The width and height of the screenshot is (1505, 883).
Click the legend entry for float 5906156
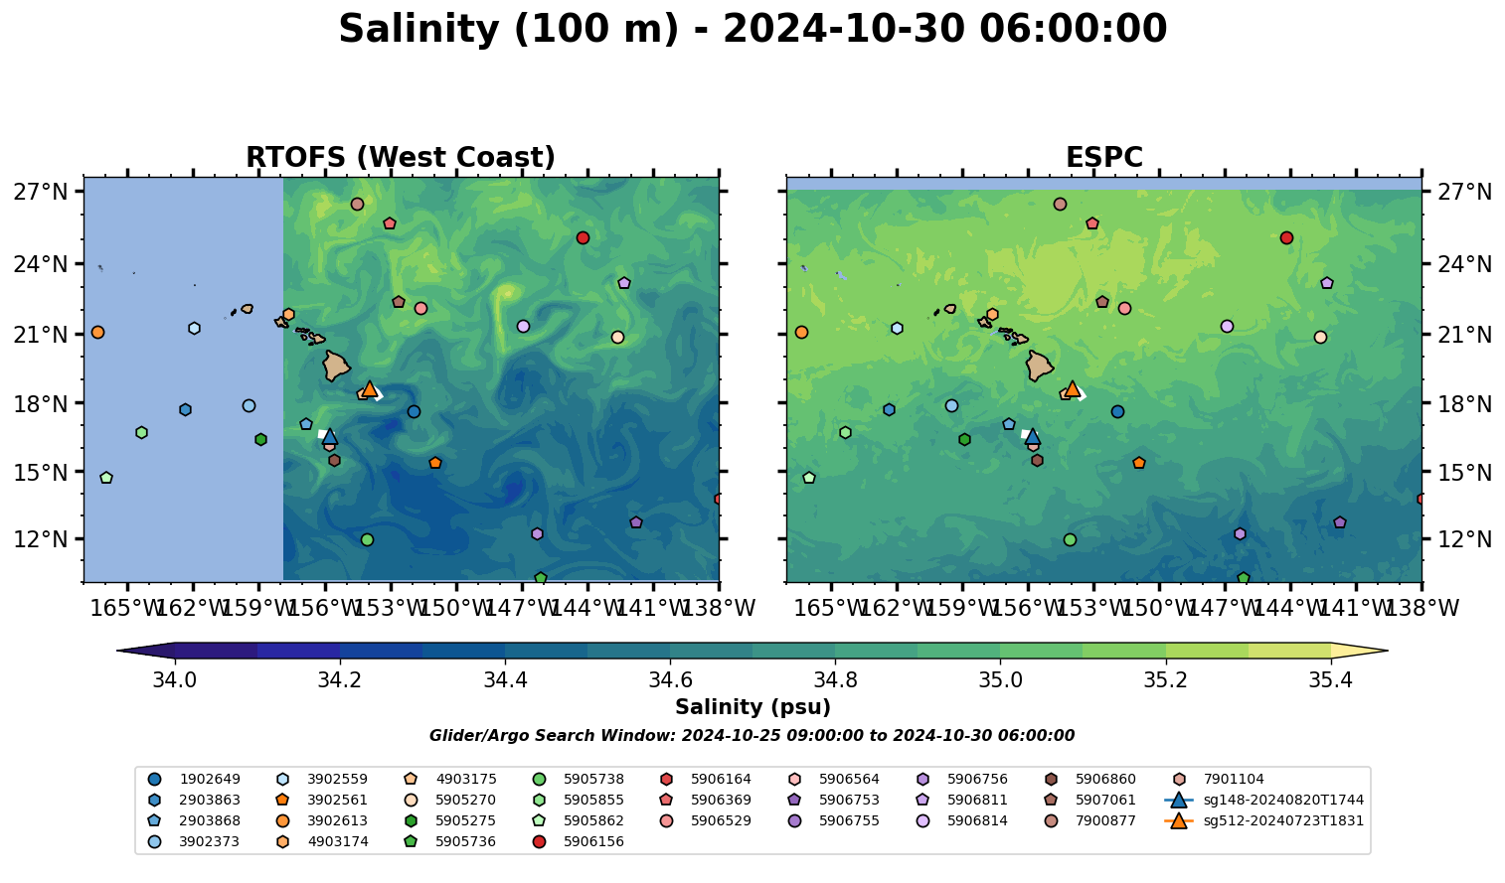593,842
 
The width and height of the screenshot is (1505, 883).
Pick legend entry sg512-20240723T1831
1282,821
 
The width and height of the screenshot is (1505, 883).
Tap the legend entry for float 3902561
337,801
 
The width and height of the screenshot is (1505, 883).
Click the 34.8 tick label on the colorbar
835,680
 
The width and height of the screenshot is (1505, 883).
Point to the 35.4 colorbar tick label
1330,680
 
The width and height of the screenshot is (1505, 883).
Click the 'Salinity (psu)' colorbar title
752,707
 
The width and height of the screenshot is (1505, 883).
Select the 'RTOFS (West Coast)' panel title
401,158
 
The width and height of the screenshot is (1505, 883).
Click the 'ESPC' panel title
1103,158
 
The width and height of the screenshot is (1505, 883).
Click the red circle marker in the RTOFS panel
583,237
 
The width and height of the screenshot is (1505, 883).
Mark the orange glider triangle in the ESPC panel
1073,388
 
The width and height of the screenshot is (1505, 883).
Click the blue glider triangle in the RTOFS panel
330,436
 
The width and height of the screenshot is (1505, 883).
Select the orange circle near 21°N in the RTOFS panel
97,332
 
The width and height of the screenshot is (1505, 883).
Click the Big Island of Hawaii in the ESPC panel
1039,366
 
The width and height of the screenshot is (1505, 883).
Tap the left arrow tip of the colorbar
119,652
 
